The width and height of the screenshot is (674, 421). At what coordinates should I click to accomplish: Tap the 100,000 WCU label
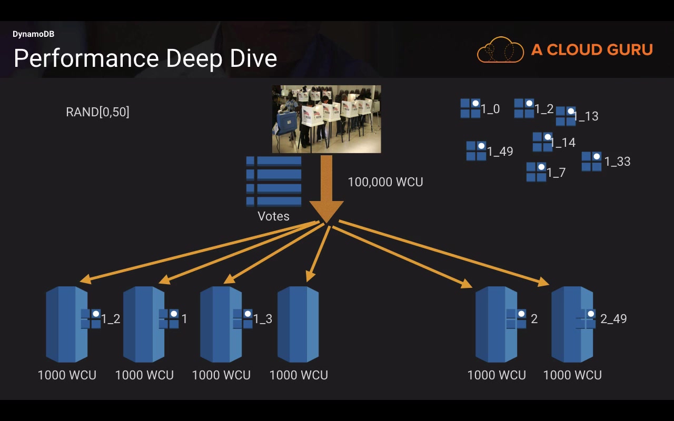[x=385, y=182]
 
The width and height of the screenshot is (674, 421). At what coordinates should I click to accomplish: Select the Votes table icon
[x=274, y=181]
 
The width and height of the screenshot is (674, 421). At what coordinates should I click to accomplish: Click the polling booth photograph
[x=326, y=119]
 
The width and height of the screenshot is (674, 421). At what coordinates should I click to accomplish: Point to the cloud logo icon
[x=500, y=50]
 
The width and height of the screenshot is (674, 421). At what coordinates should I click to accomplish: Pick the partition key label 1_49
[x=500, y=152]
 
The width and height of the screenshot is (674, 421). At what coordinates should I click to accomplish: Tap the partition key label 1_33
[x=617, y=162]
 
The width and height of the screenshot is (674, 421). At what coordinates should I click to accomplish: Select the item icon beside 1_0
[x=470, y=108]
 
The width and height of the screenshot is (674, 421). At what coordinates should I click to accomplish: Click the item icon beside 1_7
[x=536, y=172]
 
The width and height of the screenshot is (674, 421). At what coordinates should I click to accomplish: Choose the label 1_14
[x=563, y=143]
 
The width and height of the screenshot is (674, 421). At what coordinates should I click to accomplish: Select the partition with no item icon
[x=298, y=324]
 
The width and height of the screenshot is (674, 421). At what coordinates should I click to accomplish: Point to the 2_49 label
[x=613, y=318]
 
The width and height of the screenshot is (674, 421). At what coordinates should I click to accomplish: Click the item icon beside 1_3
[x=243, y=318]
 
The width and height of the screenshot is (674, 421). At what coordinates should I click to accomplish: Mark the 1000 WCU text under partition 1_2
[x=67, y=375]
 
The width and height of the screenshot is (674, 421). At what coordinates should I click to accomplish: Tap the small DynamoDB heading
[x=33, y=34]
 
